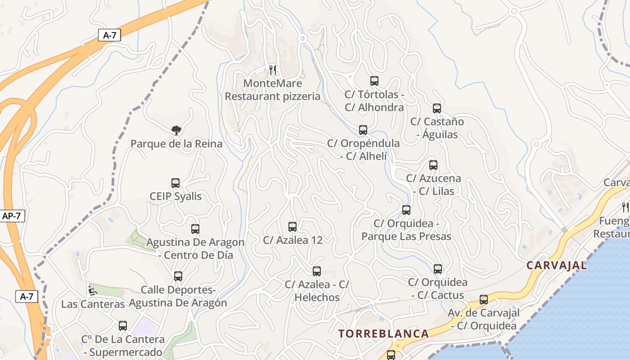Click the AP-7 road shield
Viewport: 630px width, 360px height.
11,216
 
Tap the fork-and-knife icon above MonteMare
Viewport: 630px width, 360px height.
272,70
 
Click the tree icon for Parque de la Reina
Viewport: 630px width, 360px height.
176,130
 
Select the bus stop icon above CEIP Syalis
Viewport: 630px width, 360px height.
175,183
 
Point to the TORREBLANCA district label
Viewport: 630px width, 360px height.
383,334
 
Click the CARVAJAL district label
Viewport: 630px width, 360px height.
557,265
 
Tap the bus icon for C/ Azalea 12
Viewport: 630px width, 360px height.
292,227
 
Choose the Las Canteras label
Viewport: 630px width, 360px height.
93,304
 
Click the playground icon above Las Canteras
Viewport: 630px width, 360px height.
92,290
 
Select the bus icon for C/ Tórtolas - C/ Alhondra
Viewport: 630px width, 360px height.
374,81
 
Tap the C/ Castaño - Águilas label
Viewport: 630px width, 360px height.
437,128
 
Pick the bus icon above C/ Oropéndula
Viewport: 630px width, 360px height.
363,130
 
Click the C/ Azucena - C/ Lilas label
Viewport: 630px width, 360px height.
433,184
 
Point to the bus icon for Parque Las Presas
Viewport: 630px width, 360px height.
406,210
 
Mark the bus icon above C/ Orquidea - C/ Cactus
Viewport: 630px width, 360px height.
438,269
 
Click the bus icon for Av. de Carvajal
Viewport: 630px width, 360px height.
484,300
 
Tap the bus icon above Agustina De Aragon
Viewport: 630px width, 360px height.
195,229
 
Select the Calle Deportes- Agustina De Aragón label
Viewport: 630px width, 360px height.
178,296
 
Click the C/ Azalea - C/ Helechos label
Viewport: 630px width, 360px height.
317,291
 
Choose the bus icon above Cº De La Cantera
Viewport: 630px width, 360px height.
123,326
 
